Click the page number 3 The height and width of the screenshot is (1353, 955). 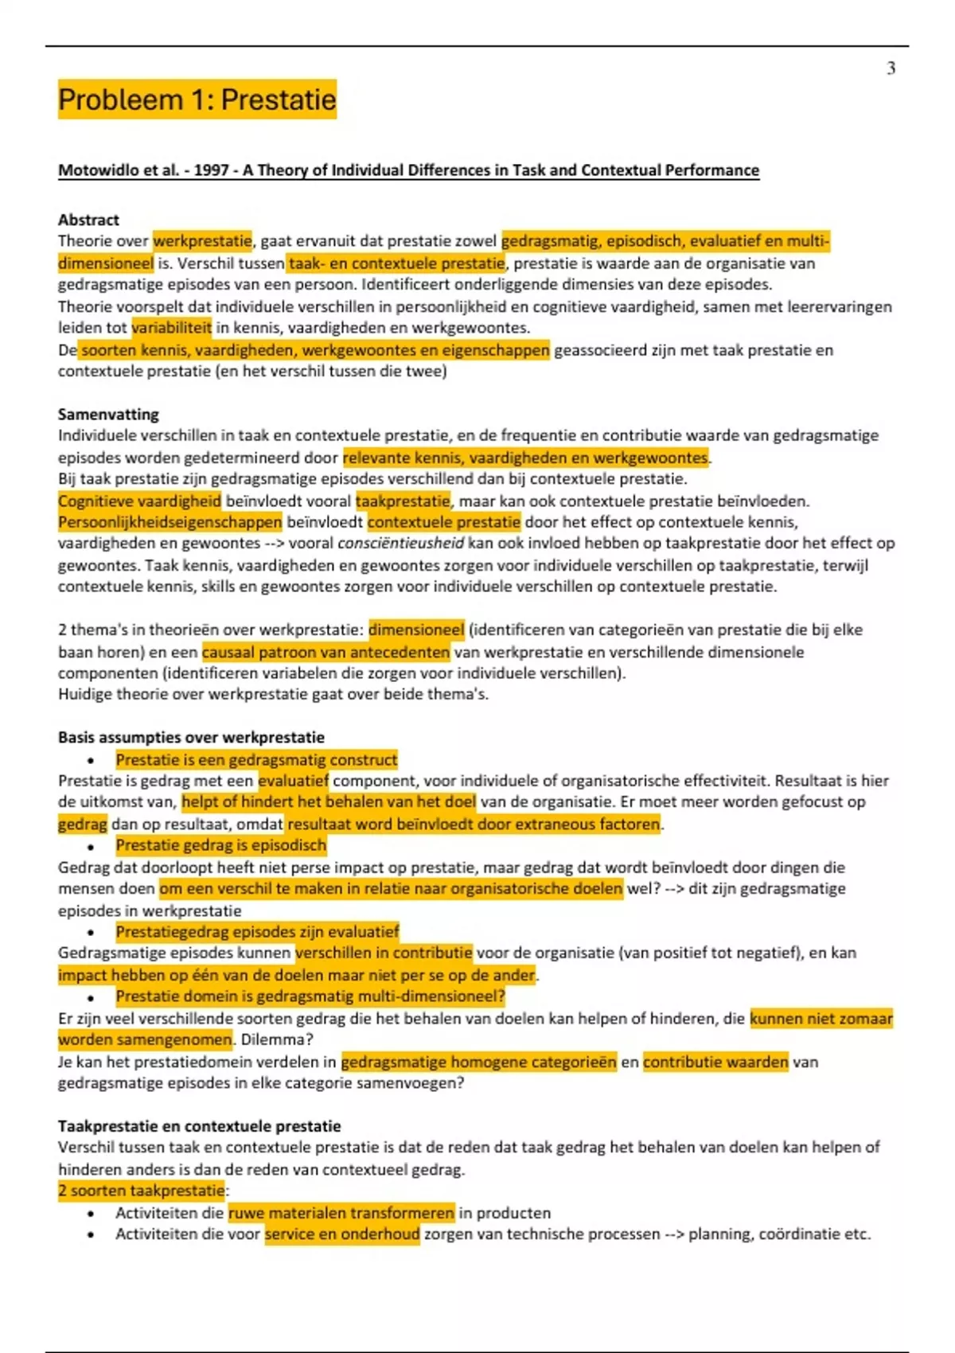pos(891,68)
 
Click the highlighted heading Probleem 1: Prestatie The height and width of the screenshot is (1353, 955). pos(197,99)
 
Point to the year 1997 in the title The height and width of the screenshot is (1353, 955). pos(211,170)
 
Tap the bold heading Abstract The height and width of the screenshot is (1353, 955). pos(88,220)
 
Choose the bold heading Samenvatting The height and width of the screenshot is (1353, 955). pos(108,414)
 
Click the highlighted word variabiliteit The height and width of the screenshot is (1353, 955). pos(172,327)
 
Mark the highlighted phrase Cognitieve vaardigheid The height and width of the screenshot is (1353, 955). pos(139,501)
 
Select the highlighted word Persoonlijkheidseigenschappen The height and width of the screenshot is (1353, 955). pos(170,522)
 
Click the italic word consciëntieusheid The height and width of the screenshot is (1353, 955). pos(400,544)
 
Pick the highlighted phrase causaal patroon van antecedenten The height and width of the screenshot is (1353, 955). pos(325,652)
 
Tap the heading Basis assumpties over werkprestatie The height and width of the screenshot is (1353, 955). pos(191,737)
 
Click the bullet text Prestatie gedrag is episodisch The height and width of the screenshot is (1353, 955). pos(220,845)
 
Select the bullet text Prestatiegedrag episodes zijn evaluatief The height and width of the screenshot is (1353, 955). pos(257,931)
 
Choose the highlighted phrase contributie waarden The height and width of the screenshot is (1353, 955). pos(715,1062)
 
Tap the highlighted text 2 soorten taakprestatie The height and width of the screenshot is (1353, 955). pos(141,1191)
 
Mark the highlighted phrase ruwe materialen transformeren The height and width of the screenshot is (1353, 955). pos(341,1213)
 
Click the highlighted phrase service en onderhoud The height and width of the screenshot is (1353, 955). pos(342,1234)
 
